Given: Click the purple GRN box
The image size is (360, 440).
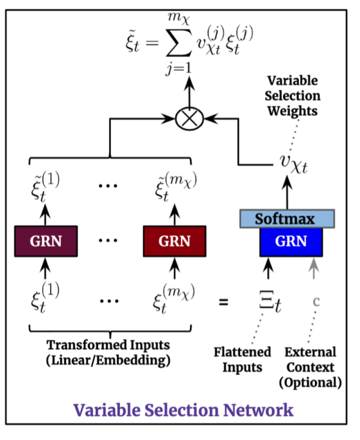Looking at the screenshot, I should (x=45, y=241).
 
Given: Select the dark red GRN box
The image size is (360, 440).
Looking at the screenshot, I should (x=174, y=241).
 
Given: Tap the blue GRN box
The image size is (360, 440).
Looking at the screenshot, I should (x=291, y=241).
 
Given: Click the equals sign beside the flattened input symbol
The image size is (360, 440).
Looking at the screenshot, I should (x=223, y=302).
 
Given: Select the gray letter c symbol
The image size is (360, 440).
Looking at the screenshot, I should (x=316, y=300).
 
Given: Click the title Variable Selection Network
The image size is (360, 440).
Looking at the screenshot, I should (x=183, y=409).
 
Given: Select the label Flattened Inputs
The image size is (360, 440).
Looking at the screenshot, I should (x=242, y=360).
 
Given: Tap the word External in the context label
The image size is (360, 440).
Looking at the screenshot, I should (x=310, y=353).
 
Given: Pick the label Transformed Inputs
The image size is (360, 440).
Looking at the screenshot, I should (x=108, y=345).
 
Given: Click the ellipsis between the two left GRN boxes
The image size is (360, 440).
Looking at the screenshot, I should (x=108, y=241).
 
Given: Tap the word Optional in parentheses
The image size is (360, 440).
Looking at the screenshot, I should (x=310, y=382).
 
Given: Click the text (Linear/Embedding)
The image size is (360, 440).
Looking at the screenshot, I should (x=108, y=360).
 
